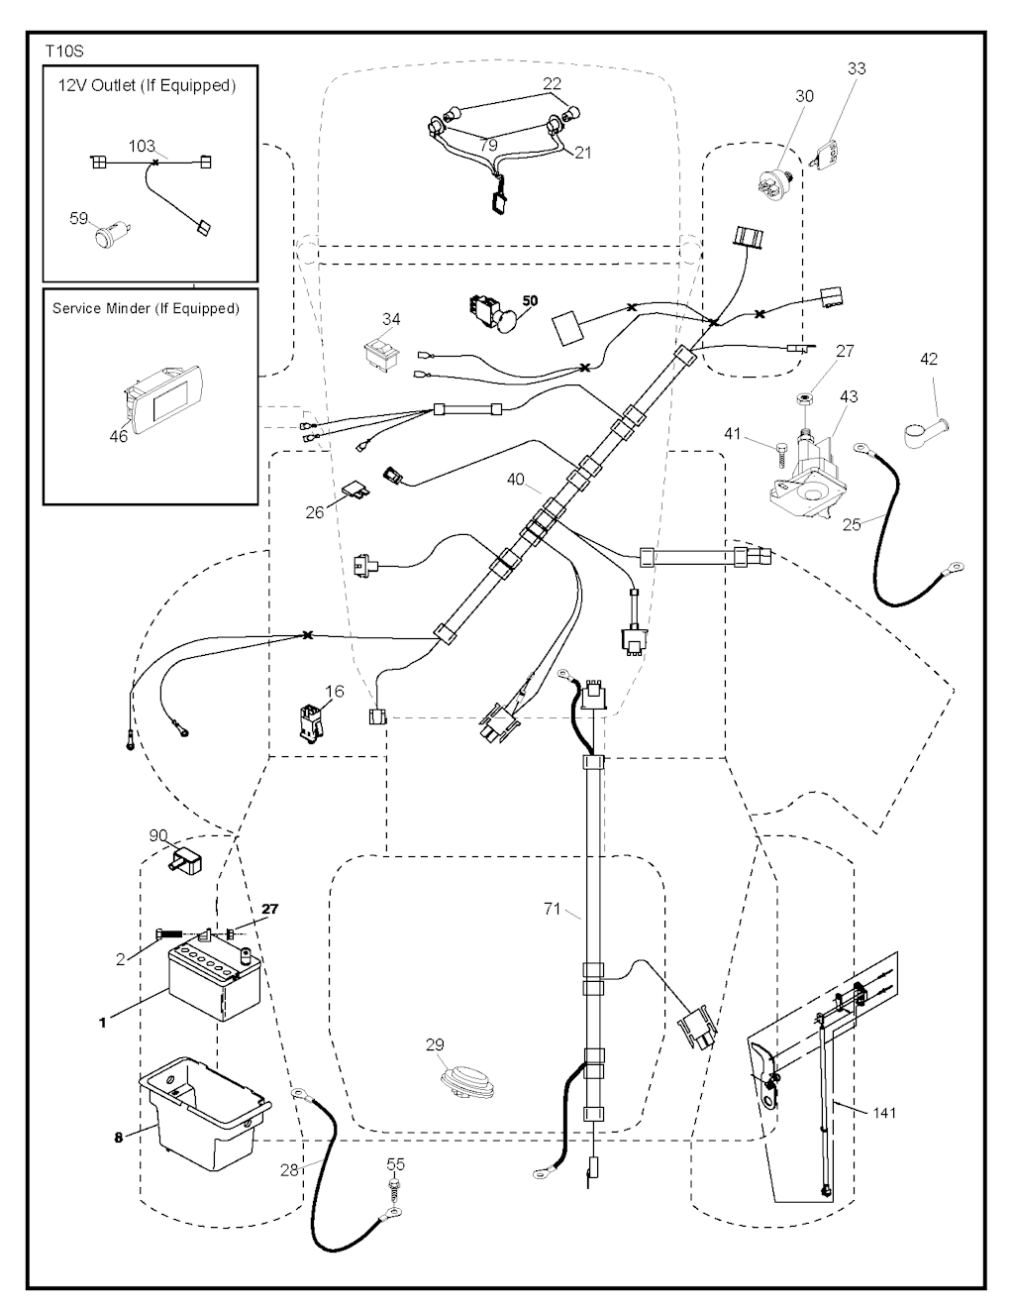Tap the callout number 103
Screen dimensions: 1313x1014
142,147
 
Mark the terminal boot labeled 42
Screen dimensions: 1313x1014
922,430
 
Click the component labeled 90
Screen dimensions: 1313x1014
183,861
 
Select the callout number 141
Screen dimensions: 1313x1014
883,1113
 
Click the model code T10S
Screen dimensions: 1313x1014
64,50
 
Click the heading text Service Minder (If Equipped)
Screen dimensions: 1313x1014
146,308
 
